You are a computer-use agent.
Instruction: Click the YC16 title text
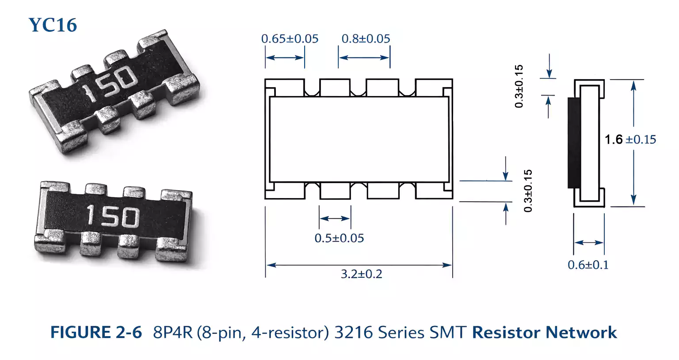click(53, 25)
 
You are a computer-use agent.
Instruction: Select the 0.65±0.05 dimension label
click(290, 39)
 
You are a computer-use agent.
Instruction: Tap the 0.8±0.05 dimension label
click(366, 39)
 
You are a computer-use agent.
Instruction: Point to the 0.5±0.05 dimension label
click(339, 238)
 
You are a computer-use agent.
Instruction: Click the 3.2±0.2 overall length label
click(361, 274)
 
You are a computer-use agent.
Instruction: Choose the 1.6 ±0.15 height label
click(630, 140)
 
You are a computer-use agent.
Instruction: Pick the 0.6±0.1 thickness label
click(588, 265)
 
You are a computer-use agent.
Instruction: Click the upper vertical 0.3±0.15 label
click(519, 86)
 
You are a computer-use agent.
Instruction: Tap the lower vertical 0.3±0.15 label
click(528, 191)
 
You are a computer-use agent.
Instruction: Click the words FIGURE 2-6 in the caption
click(96, 333)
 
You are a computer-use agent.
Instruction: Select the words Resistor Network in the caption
click(544, 333)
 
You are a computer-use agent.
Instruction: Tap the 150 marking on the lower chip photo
click(113, 216)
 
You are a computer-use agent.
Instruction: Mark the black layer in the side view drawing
click(574, 143)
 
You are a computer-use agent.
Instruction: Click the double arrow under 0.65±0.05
click(285, 57)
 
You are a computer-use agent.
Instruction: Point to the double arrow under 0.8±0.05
click(364, 57)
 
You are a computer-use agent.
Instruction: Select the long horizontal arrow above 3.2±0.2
click(359, 265)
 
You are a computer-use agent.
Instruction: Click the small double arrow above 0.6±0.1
click(589, 242)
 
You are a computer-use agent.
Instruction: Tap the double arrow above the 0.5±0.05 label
click(335, 218)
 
